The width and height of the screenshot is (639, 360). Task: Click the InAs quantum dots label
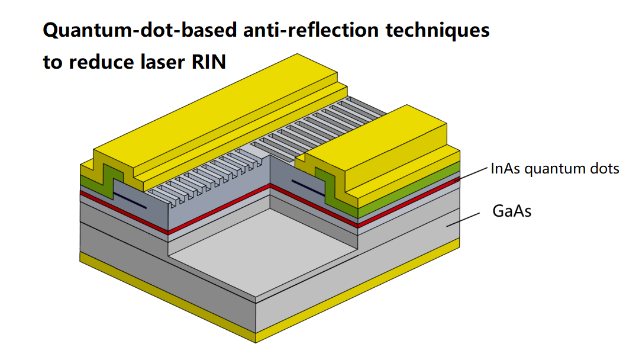555,169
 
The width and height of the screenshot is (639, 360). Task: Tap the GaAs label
512,211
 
